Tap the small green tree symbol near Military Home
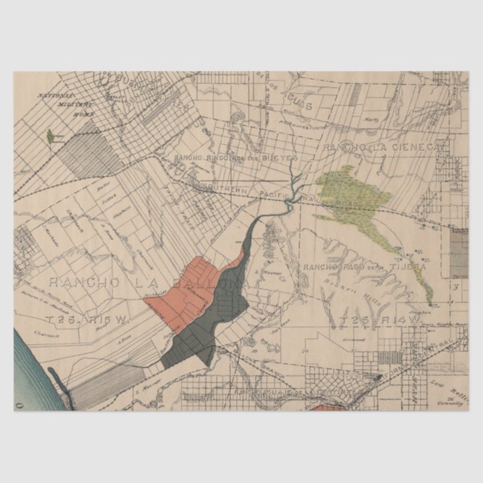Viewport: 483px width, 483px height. tap(50, 136)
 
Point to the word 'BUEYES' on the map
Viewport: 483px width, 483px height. tap(282, 159)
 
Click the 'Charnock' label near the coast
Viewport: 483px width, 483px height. tap(46, 334)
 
